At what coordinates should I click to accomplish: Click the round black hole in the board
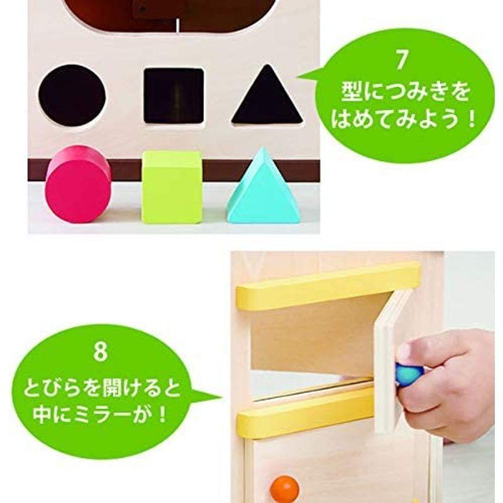pos(72,95)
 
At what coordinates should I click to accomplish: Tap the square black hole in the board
pos(174,96)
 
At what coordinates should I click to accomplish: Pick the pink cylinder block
pos(78,184)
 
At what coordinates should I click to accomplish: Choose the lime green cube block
pos(172,187)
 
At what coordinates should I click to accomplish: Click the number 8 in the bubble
pos(101,351)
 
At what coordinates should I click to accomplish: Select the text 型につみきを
pos(402,92)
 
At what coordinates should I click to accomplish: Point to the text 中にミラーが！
pos(101,416)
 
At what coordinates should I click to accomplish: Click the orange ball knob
pos(285,488)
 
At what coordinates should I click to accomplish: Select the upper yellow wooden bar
pos(327,285)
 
